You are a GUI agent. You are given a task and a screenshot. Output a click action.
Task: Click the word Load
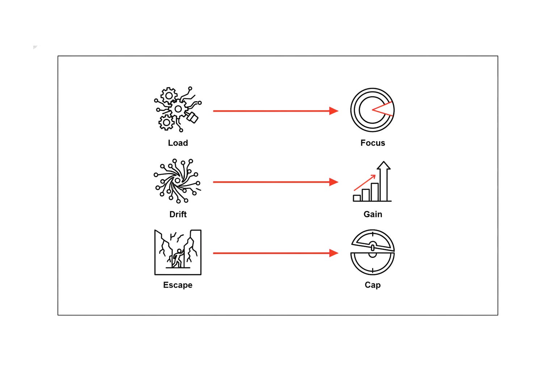pos(178,143)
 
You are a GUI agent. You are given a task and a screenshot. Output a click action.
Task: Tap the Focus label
pos(372,143)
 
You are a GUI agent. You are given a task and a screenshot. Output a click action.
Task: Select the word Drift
pos(178,214)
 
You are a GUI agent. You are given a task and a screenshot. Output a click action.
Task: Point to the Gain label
pos(372,214)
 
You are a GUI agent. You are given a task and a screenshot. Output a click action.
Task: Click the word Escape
pos(178,285)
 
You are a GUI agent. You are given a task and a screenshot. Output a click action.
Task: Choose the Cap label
pos(372,285)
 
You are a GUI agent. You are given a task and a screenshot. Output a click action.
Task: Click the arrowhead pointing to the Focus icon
pos(334,111)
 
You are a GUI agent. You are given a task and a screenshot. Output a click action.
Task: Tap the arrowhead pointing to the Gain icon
pos(334,182)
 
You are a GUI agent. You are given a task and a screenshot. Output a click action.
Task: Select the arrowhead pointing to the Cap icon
pos(334,253)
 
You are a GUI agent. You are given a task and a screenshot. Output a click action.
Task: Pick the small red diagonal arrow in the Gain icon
pos(365,183)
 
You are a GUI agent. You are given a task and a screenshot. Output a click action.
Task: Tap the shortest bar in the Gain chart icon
pos(357,198)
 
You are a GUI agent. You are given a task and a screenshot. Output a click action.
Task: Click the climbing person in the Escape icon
pos(178,258)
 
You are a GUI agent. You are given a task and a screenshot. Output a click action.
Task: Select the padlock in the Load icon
pos(193,117)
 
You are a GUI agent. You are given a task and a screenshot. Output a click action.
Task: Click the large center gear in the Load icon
pos(178,109)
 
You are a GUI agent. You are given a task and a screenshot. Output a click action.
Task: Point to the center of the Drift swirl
pos(177,180)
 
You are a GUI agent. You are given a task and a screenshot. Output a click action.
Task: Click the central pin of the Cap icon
pos(372,247)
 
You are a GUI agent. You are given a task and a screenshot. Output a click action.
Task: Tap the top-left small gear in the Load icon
pos(169,96)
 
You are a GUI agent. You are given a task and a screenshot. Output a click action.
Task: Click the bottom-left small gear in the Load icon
pos(166,122)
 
